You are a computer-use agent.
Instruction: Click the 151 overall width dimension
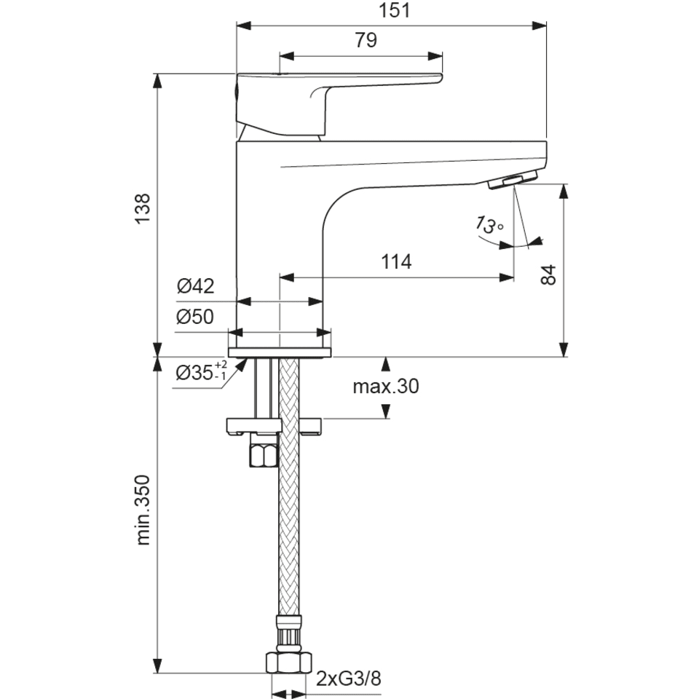pos(394,11)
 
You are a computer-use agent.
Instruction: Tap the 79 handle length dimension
pos(366,40)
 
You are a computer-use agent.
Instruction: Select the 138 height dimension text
pos(143,209)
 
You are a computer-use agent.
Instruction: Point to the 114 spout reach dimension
pos(396,261)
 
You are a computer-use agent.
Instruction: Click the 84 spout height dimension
pos(549,275)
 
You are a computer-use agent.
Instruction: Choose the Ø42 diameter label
pos(196,285)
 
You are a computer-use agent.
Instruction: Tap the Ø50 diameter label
pos(195,317)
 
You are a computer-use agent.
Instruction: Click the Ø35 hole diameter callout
pos(202,371)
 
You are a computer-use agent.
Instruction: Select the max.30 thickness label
pos(386,386)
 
